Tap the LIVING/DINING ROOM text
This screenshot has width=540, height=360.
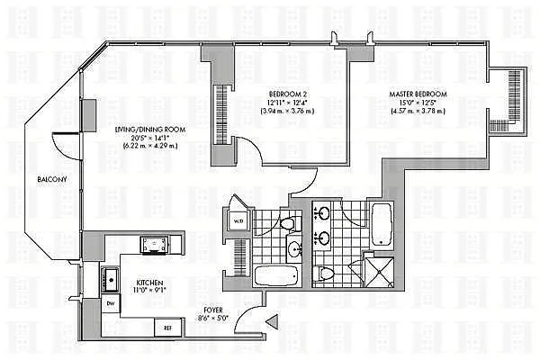150,130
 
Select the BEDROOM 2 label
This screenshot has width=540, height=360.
287,93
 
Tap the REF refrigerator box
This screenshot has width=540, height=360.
167,328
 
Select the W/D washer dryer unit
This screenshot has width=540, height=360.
238,220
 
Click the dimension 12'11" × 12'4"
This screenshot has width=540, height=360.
287,102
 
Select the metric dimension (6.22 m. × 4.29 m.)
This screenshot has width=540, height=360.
150,147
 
